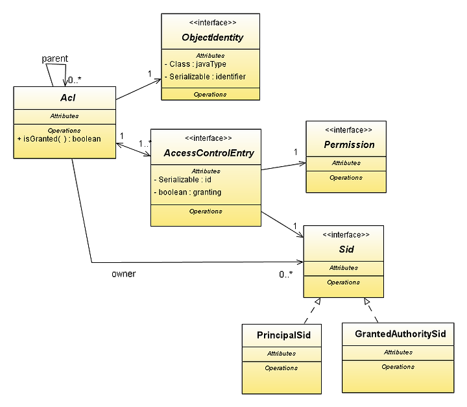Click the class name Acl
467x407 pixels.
coord(68,97)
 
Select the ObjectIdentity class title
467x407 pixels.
coord(212,37)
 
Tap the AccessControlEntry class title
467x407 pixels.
coord(209,153)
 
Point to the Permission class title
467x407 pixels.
coord(349,145)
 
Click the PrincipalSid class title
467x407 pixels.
coord(283,335)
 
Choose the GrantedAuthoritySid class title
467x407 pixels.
coord(400,334)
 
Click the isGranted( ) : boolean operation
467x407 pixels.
coord(59,139)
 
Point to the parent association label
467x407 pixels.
coord(54,58)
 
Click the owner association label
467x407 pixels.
coord(124,274)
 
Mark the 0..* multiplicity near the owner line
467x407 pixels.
coord(286,275)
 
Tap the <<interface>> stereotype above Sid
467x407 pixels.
coord(346,235)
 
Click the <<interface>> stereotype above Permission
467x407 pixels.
coord(348,130)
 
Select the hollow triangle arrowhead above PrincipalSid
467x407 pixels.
coord(318,301)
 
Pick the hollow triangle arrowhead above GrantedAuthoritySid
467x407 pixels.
coord(366,301)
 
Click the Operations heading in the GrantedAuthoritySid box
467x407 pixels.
coord(398,367)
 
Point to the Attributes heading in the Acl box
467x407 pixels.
coord(64,116)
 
